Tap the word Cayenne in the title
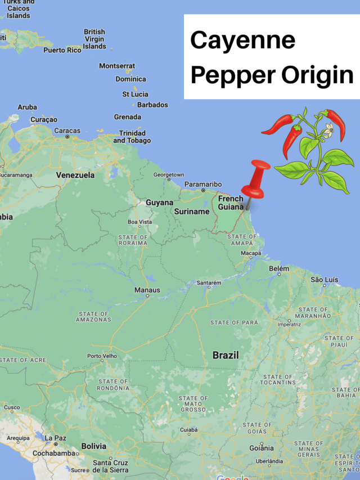pos(242,41)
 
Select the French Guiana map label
pos(231,203)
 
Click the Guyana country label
pos(160,203)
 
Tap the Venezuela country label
pos(75,175)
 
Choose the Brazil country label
pos(226,355)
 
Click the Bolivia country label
pos(93,446)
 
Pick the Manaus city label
pos(147,290)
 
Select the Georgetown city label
pos(169,175)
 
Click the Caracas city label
pos(67,131)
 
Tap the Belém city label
pos(279,270)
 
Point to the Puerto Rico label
pos(62,50)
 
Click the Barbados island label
pos(152,105)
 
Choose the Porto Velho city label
pos(102,356)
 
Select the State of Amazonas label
pos(93,317)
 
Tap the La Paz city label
pos(56,438)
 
